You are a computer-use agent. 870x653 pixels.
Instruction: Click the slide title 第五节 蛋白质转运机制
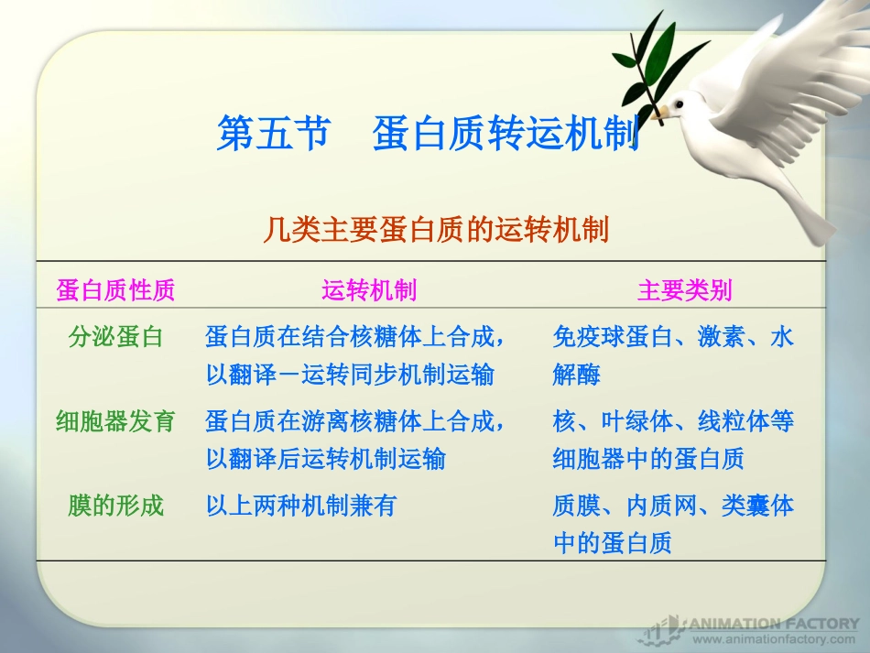(427, 134)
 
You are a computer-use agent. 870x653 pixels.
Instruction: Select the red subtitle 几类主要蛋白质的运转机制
(436, 229)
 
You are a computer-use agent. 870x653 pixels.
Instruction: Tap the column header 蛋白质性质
(115, 291)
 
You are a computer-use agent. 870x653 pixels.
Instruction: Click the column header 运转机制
(369, 291)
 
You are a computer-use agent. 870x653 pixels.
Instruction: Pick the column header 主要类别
(684, 291)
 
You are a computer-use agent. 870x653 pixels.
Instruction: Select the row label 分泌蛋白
(115, 337)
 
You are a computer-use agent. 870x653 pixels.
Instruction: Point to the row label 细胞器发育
(115, 421)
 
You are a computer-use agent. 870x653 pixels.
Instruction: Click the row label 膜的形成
(115, 506)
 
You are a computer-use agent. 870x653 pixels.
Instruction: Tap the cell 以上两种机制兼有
(300, 506)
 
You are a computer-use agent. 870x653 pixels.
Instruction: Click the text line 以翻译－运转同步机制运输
(350, 375)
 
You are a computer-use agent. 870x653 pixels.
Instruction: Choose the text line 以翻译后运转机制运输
(325, 459)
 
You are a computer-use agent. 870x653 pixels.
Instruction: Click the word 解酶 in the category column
(576, 375)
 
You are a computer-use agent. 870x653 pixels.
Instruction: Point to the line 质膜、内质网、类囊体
(673, 506)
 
